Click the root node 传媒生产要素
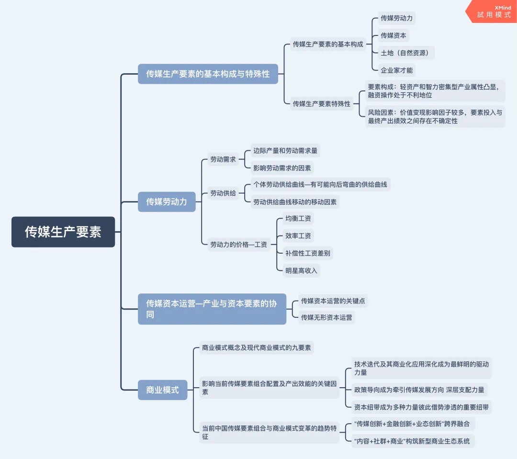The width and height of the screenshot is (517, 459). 63,232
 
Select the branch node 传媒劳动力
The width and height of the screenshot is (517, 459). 167,202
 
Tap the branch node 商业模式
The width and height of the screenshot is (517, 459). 162,390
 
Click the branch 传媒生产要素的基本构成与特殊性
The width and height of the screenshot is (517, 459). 208,74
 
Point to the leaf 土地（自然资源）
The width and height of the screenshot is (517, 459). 405,53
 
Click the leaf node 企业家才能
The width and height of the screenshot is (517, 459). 396,70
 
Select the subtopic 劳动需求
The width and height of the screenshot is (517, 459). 223,159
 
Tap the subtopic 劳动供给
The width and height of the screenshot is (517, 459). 223,193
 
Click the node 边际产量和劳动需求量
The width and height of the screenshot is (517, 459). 285,151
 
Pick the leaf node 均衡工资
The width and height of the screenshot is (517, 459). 298,219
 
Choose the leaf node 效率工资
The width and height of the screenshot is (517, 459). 298,236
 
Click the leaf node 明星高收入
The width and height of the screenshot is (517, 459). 301,270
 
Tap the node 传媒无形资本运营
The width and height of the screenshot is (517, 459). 326,317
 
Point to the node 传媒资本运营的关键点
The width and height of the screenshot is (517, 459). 334,301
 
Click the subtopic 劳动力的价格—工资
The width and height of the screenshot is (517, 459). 238,244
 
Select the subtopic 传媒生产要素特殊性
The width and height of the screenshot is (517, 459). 322,103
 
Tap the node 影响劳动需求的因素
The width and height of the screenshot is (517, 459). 282,168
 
